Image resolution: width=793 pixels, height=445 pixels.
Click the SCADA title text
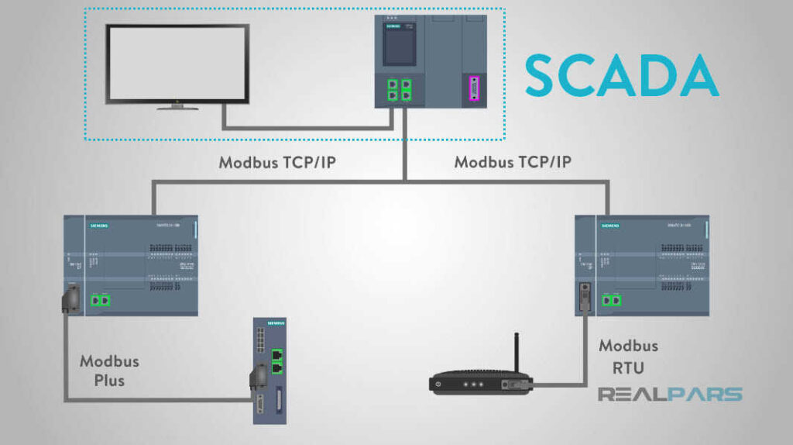(622, 74)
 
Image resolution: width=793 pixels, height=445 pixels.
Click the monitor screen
(177, 63)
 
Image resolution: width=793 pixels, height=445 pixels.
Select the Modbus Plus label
(109, 370)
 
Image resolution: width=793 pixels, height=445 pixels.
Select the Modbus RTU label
(628, 356)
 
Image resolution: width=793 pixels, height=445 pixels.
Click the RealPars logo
(670, 394)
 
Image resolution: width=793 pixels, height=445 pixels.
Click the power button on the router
(439, 384)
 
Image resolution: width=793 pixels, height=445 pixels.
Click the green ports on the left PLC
(98, 298)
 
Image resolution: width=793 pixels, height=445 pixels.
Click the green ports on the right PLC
(612, 298)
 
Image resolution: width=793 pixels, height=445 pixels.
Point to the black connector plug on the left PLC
(71, 298)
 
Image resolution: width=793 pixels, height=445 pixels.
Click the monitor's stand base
(177, 107)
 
